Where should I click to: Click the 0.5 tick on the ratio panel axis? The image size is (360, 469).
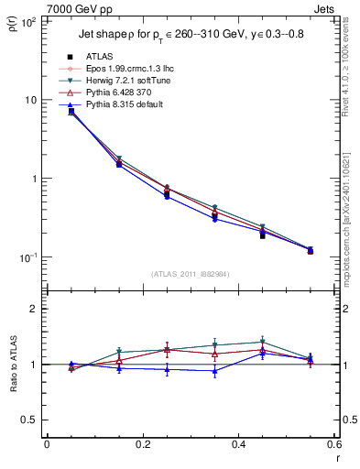(x=28, y=420)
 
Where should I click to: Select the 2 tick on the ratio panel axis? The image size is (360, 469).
(x=34, y=310)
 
